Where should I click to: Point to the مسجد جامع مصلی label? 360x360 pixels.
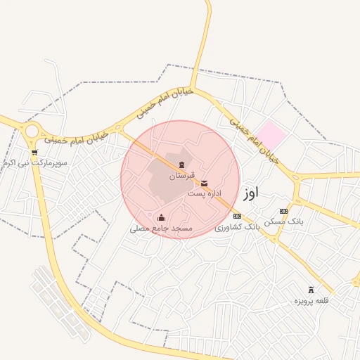pyautogui.click(x=161, y=229)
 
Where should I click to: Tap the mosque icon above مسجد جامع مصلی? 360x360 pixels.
pyautogui.click(x=162, y=217)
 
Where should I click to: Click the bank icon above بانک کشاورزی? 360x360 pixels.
pyautogui.click(x=237, y=216)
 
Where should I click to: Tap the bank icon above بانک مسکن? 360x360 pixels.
pyautogui.click(x=283, y=211)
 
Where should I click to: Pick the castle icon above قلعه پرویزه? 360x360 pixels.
pyautogui.click(x=311, y=290)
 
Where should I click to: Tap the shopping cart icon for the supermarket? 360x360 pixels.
pyautogui.click(x=34, y=152)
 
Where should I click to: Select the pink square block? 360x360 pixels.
pyautogui.click(x=271, y=134)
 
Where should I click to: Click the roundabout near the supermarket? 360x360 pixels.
pyautogui.click(x=32, y=131)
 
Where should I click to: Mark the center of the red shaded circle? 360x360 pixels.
pyautogui.click(x=179, y=179)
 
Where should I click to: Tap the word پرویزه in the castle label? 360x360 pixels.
pyautogui.click(x=303, y=301)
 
